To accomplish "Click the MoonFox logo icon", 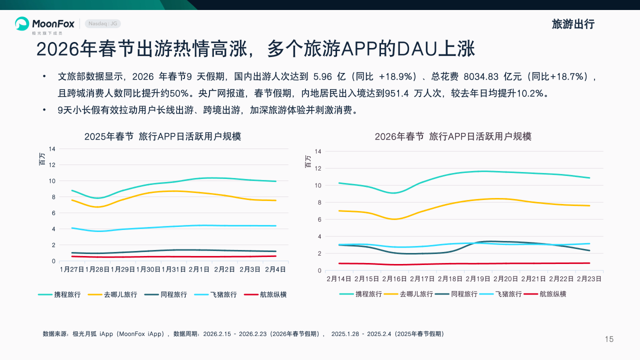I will [22, 23].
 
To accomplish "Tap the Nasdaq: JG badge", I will [103, 23].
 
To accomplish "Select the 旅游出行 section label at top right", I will [573, 24].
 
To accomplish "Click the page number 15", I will [609, 339].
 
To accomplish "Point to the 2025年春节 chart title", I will [162, 136].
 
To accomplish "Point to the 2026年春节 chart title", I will [453, 136].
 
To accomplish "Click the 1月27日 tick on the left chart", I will [72, 269].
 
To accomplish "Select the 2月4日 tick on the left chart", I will [275, 269].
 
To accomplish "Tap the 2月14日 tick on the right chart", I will [339, 278].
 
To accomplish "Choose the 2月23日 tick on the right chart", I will [589, 278].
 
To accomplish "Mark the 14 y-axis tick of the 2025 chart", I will [52, 148].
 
